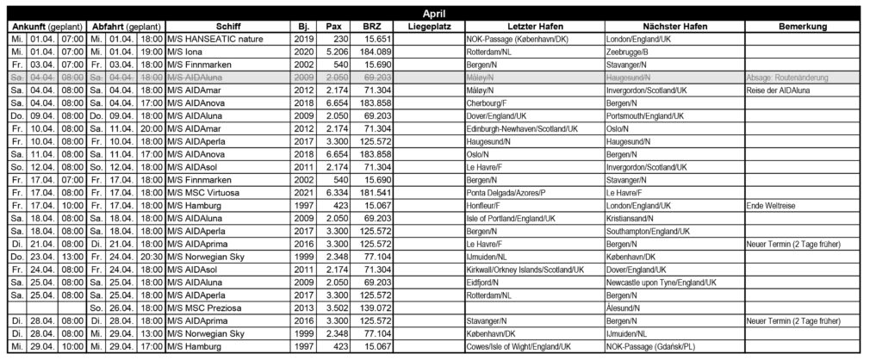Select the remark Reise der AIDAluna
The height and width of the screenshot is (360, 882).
click(777, 90)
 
